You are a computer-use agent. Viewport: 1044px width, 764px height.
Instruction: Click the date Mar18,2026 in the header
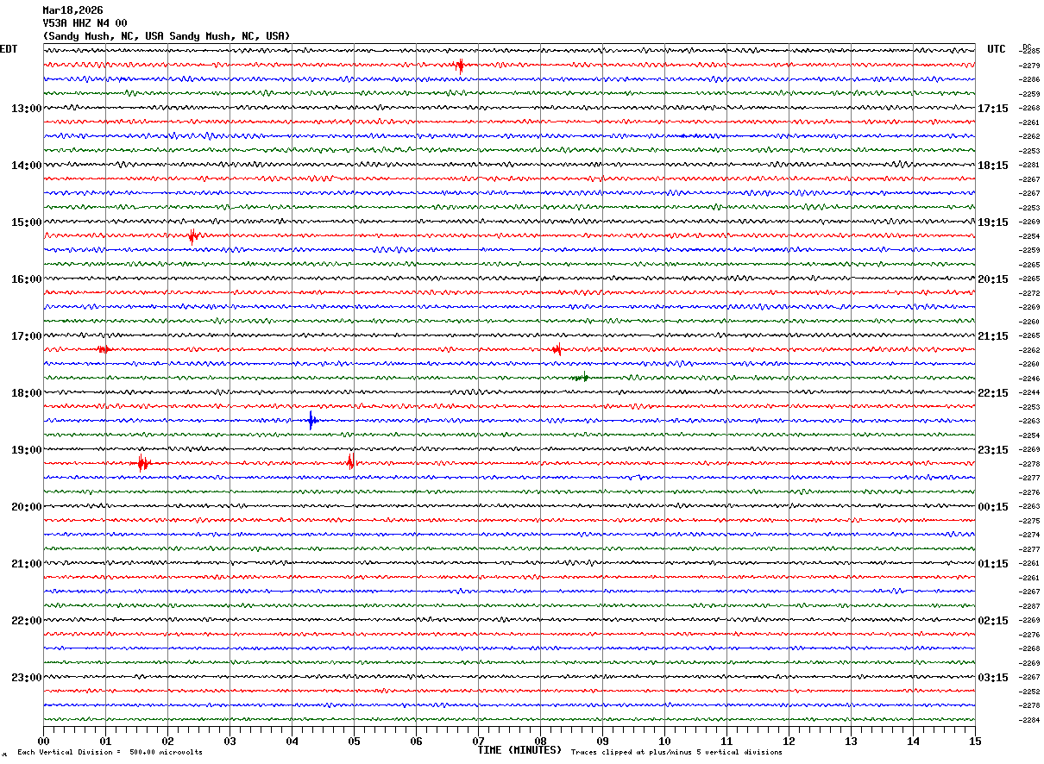tap(72, 10)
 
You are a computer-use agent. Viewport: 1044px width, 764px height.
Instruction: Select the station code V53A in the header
tap(55, 23)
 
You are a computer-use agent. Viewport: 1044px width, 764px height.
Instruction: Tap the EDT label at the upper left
tap(8, 49)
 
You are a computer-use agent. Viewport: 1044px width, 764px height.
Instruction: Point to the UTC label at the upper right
tap(997, 49)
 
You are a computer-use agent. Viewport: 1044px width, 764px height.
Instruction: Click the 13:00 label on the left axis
tap(26, 109)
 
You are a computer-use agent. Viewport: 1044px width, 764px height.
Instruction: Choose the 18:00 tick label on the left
tap(26, 393)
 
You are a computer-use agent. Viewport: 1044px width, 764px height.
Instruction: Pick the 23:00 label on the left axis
tap(26, 678)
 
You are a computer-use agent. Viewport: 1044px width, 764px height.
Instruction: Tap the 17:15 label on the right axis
tap(993, 109)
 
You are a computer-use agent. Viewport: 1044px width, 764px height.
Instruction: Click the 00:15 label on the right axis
tap(993, 507)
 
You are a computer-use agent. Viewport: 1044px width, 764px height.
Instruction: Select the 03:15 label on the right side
tap(993, 678)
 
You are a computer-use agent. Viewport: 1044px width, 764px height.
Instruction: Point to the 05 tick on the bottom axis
tap(354, 741)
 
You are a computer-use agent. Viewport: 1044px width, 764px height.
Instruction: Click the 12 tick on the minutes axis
tap(789, 741)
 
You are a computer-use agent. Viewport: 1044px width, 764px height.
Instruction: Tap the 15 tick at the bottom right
tap(974, 741)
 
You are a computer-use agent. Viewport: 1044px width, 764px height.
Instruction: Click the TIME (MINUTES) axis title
tap(519, 750)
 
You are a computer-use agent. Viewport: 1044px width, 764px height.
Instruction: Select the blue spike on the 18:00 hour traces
tap(311, 421)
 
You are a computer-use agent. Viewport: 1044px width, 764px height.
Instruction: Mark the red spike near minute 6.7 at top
tap(460, 66)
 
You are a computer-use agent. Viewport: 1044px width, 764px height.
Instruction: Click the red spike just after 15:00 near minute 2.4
tap(193, 236)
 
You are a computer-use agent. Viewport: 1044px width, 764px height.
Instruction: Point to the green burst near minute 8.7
tap(581, 378)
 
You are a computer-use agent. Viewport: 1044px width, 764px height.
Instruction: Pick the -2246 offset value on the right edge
tap(1030, 379)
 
